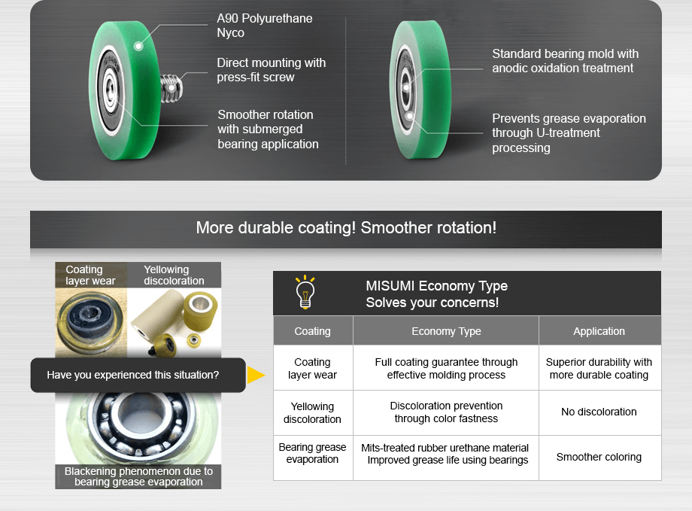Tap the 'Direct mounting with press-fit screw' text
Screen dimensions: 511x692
[271, 70]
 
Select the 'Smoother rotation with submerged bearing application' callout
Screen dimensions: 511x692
[268, 129]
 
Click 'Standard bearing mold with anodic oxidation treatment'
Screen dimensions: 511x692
[565, 61]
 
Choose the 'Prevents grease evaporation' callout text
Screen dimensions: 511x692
[568, 133]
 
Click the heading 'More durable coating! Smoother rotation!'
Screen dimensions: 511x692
[346, 227]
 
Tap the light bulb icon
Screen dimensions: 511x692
[305, 293]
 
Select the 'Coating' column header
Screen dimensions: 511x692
[312, 331]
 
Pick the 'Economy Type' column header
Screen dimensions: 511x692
[446, 331]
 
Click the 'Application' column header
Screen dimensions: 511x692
[599, 331]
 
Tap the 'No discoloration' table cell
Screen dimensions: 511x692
[599, 412]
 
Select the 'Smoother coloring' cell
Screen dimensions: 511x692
[599, 457]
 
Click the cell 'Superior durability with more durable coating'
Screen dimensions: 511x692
[599, 368]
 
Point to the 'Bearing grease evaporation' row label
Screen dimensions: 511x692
[312, 453]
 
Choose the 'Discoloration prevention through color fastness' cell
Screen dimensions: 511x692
[446, 412]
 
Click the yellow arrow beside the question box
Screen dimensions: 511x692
[256, 375]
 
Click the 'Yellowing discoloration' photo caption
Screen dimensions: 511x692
[174, 275]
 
